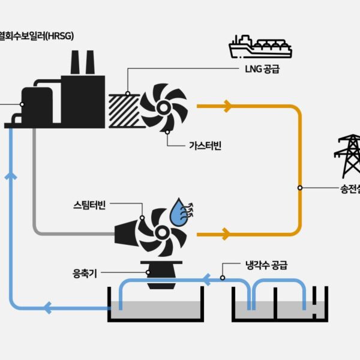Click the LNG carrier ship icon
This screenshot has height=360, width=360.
click(260, 46)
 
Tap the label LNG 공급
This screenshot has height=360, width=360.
click(262, 70)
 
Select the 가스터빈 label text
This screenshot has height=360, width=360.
click(205, 145)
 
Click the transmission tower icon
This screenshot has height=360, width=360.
click(347, 156)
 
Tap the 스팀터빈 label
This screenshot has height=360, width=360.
click(87, 206)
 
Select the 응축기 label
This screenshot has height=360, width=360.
click(84, 275)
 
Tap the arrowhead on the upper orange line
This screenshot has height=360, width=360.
click(227, 107)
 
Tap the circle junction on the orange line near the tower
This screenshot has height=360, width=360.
click(300, 188)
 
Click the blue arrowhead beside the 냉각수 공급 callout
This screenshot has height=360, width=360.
click(205, 279)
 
